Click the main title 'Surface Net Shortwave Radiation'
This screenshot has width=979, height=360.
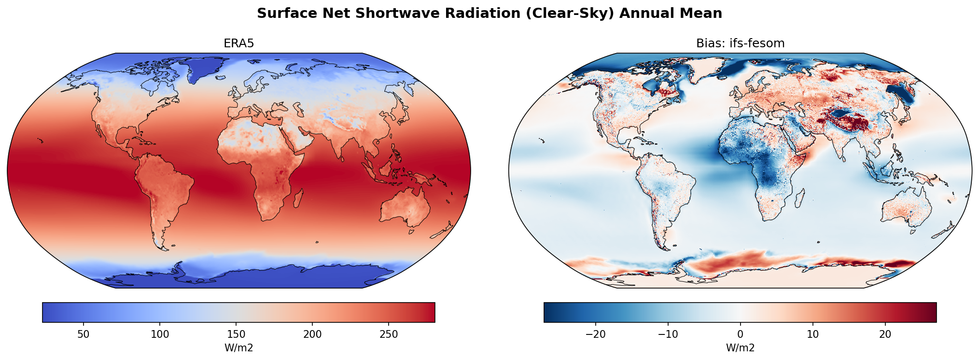coord(489,14)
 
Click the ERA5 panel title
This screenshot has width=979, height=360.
coord(238,43)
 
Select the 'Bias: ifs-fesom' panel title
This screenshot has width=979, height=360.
coord(740,43)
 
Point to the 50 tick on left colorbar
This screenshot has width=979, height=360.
coord(84,334)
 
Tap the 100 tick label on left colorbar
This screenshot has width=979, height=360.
coord(160,334)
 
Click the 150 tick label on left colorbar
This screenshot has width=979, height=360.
coord(236,334)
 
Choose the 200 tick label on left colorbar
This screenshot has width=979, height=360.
coord(312,334)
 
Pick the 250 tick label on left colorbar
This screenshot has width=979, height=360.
coord(389,334)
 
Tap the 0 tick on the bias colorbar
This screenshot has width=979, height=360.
coord(740,334)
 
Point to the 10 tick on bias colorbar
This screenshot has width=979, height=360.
coord(813,334)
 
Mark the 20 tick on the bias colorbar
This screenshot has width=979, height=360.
coord(885,334)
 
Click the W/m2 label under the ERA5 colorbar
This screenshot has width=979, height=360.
coord(238,348)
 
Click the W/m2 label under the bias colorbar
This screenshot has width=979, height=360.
coord(740,348)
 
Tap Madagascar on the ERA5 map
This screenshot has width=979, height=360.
coord(298,198)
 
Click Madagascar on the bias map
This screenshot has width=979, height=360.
coord(799,198)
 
